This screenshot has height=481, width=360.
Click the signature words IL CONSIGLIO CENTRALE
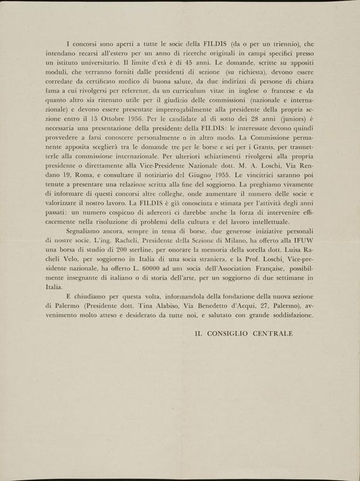(244, 333)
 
